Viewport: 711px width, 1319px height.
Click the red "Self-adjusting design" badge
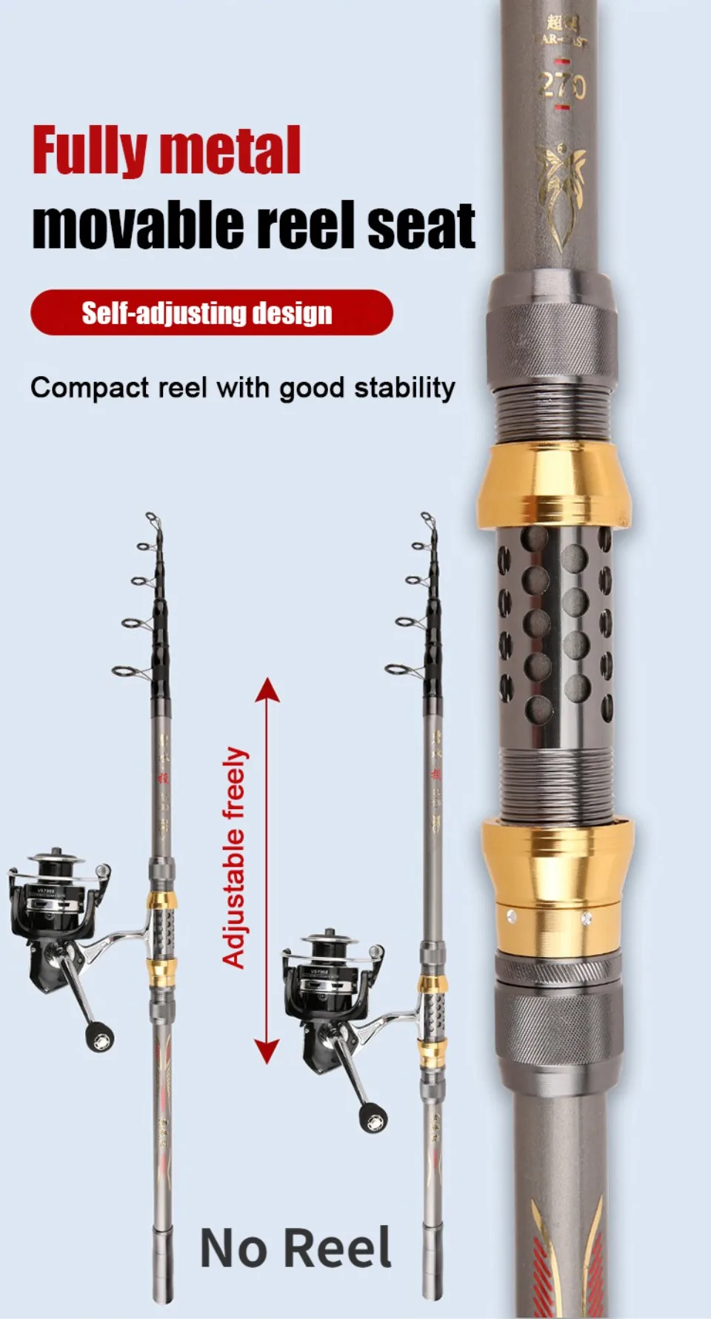[211, 312]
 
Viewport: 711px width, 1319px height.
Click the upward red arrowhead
[267, 690]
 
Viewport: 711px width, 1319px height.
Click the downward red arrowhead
[267, 1051]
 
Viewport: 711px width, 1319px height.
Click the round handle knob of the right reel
[373, 1118]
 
